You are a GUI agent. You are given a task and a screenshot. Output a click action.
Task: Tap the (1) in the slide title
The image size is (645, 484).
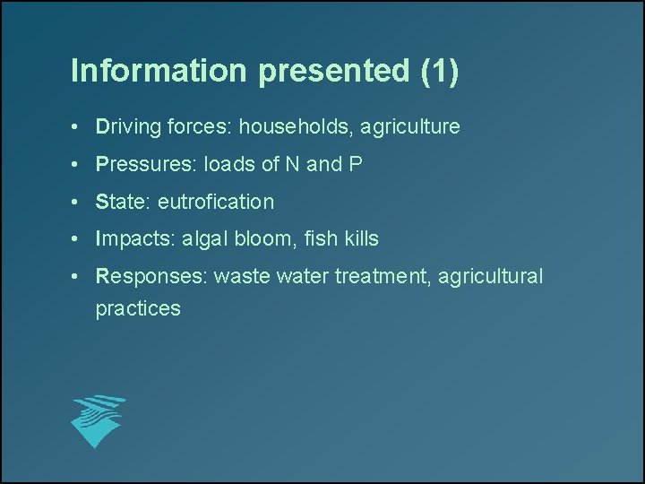(x=439, y=72)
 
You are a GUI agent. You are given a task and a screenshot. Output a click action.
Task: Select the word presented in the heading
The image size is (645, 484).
(x=335, y=72)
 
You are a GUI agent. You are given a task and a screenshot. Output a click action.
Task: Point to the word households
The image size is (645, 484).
(x=294, y=127)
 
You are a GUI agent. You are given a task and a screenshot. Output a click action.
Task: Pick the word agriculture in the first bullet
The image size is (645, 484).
(x=410, y=127)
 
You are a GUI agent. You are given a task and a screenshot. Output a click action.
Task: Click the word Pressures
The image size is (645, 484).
(x=144, y=165)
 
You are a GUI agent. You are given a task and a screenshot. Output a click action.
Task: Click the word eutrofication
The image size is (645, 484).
(x=216, y=203)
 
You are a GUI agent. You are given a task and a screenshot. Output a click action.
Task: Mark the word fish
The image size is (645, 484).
(x=320, y=239)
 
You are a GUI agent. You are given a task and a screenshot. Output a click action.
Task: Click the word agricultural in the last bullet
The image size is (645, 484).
(x=494, y=277)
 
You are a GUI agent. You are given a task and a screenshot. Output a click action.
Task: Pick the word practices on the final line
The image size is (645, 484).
(x=138, y=309)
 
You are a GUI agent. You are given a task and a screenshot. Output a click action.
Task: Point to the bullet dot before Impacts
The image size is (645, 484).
(x=80, y=239)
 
